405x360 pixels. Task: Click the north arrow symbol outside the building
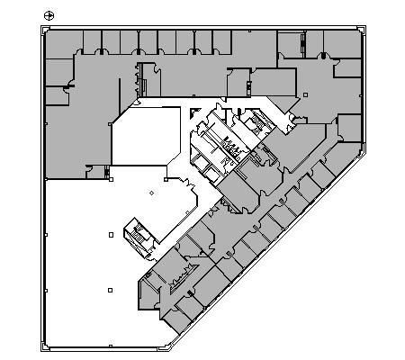pyautogui.click(x=49, y=13)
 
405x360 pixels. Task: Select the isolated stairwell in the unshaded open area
pyautogui.click(x=139, y=231)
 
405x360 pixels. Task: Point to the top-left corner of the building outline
pyautogui.click(x=42, y=28)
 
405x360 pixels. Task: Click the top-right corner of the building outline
pyautogui.click(x=364, y=28)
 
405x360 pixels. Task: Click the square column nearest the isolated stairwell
pyautogui.click(x=111, y=234)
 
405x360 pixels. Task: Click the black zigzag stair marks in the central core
pyautogui.click(x=231, y=144)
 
